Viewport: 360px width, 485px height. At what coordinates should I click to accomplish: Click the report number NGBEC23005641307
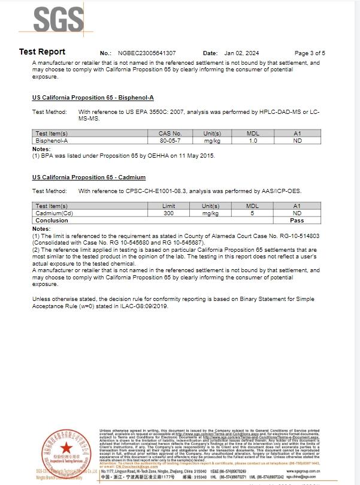coord(147,53)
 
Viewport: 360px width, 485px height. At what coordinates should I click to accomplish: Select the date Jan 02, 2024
coord(239,53)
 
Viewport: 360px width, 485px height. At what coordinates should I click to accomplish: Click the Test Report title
coord(42,52)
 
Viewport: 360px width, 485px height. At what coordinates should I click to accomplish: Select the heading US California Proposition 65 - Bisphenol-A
coord(93,97)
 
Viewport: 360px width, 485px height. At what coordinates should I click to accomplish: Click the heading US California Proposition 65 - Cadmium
coord(89,177)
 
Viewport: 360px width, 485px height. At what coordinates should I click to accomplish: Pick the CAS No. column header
coord(170,134)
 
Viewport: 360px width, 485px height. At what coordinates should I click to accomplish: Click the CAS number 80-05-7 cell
coord(170,140)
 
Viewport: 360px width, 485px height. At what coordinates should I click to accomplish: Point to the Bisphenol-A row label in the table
coord(52,140)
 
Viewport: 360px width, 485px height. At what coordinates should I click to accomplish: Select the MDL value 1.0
coord(253,140)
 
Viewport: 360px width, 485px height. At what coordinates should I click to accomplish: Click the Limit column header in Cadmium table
coord(169,206)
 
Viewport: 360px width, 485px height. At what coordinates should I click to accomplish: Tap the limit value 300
coord(169,213)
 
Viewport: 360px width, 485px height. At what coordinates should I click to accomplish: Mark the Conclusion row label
coord(52,220)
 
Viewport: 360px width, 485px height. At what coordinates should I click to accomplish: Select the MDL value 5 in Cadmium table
coord(252,213)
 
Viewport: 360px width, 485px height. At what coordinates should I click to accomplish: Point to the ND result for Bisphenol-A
coord(297,140)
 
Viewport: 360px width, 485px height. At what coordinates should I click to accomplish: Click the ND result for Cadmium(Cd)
coord(297,213)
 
